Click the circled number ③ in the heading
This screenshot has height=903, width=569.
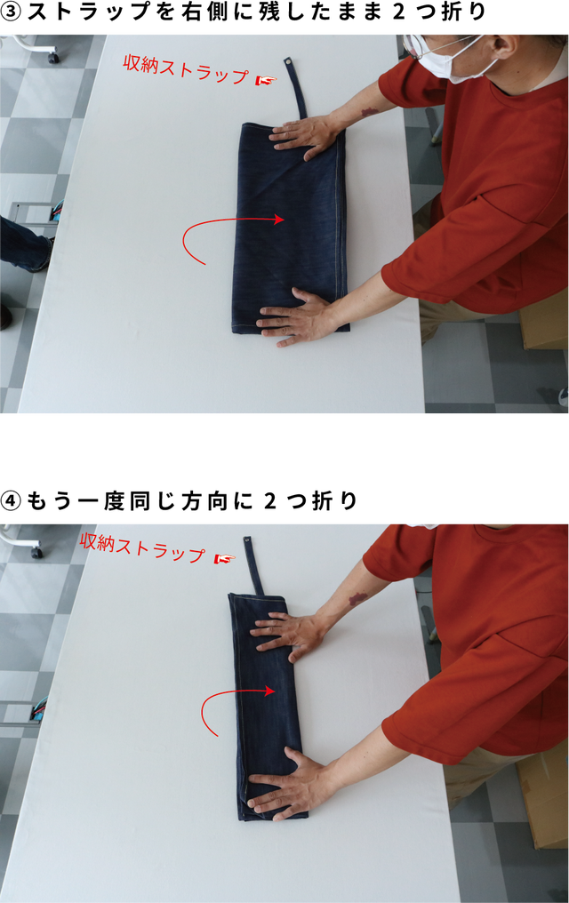tap(11, 12)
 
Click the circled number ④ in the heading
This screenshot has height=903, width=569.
tap(11, 501)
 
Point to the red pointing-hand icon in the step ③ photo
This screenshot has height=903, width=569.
tap(266, 81)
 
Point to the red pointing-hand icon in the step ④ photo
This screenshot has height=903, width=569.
tap(225, 558)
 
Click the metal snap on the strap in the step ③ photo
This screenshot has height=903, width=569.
tap(287, 61)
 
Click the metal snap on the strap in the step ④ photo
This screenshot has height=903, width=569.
tap(247, 540)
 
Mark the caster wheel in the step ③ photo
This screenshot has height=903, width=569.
tap(53, 58)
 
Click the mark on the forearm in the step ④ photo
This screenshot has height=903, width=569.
tap(359, 598)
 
